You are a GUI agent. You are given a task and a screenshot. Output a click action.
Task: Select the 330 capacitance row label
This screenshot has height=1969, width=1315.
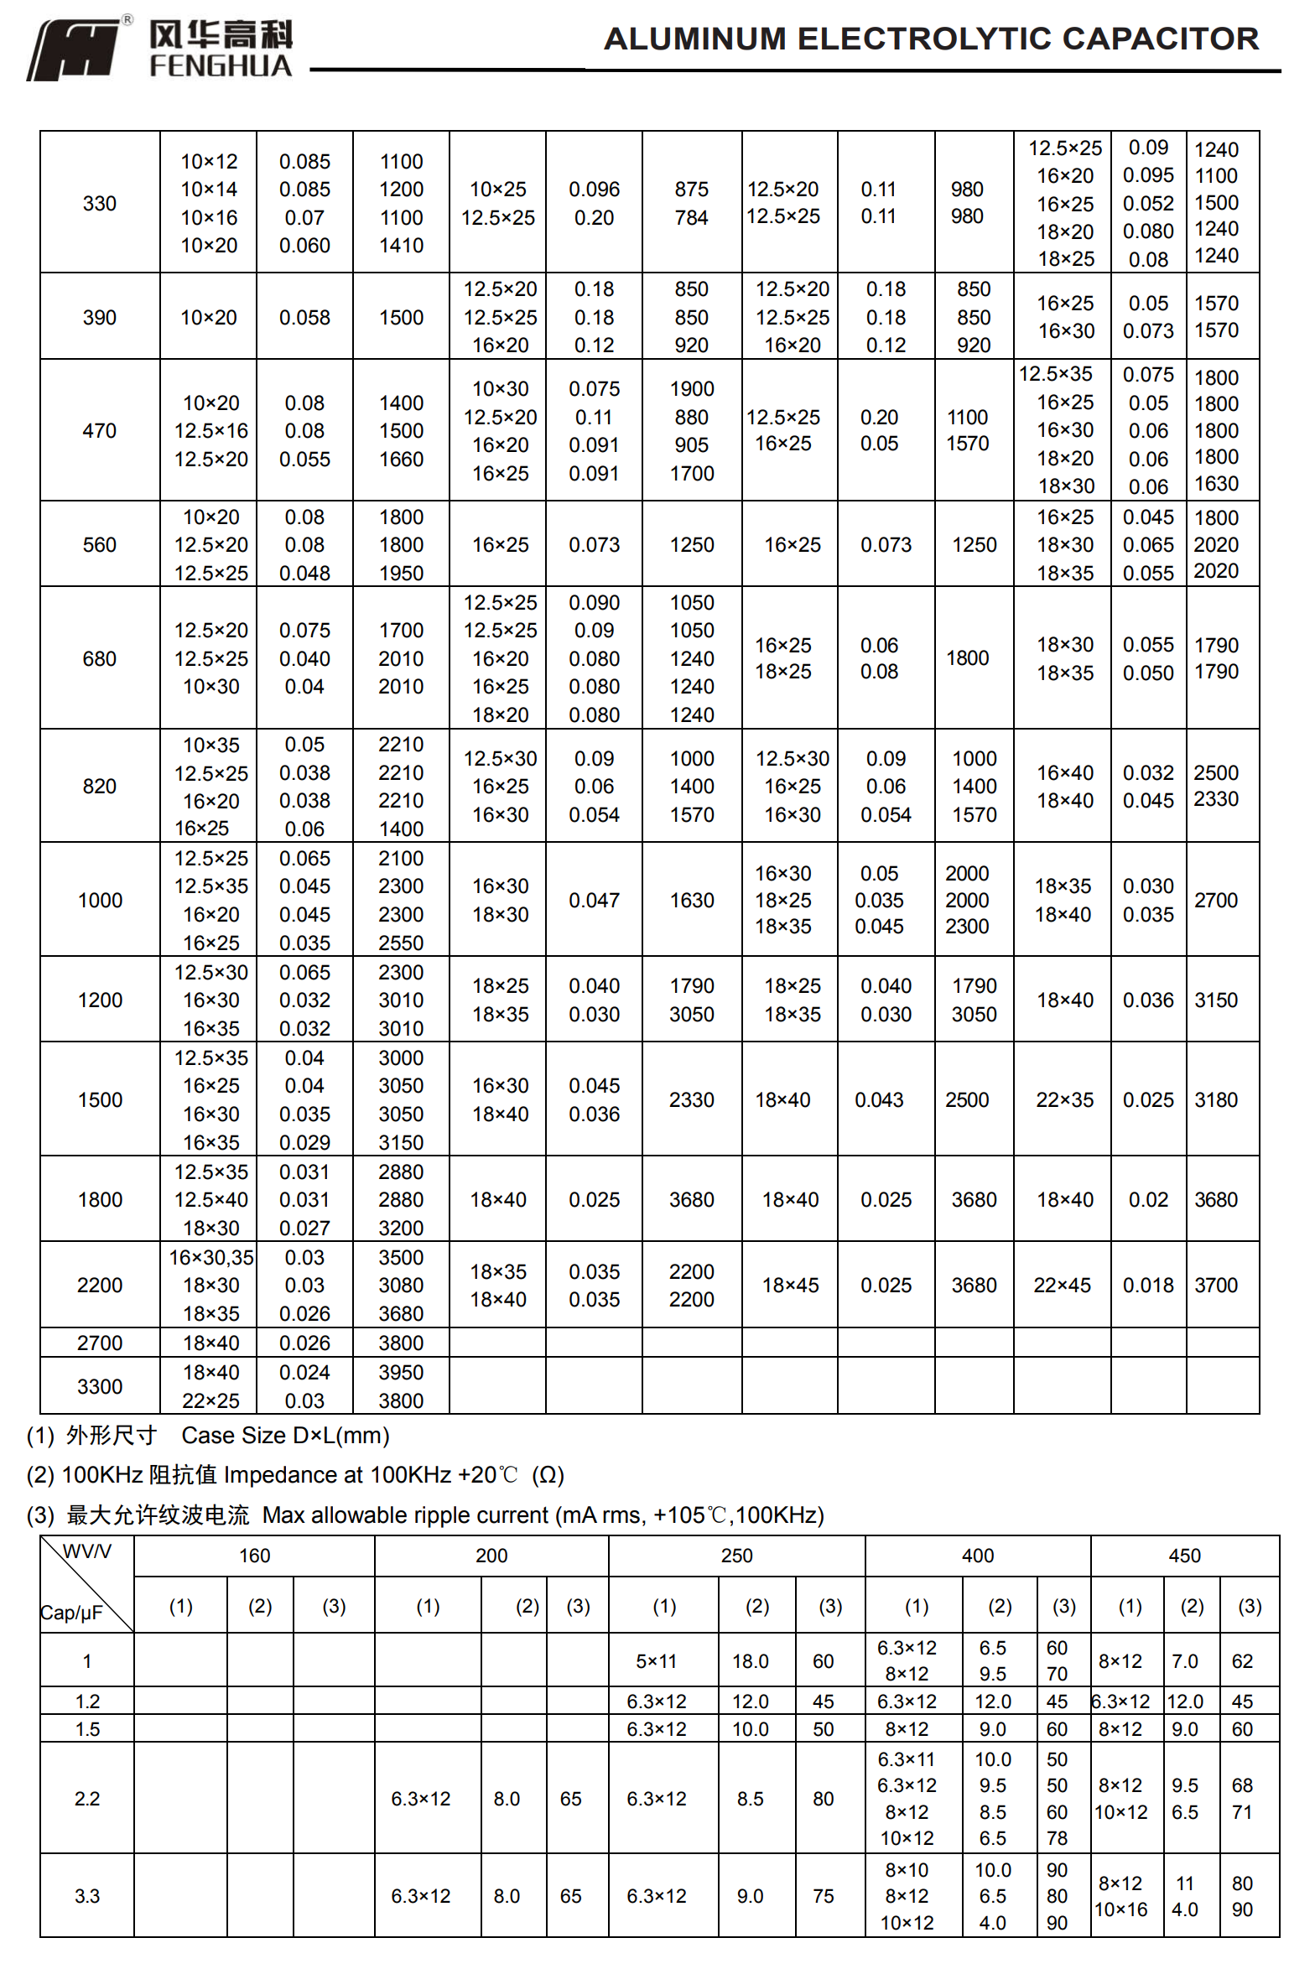pos(100,203)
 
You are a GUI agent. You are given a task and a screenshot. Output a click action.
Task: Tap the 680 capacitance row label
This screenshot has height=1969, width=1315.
pos(100,658)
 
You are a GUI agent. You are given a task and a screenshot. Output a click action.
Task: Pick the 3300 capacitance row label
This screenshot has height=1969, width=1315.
pos(100,1386)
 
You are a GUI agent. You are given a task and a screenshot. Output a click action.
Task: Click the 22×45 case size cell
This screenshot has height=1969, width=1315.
pos(1062,1285)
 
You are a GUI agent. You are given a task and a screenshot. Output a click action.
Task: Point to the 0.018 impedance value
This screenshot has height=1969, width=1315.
pos(1148,1285)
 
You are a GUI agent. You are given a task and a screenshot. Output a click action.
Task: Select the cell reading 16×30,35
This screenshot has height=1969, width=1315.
pos(211,1257)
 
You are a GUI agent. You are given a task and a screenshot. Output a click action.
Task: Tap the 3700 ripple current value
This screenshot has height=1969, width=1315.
pos(1216,1285)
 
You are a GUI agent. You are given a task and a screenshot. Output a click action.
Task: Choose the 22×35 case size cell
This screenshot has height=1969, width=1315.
pos(1064,1099)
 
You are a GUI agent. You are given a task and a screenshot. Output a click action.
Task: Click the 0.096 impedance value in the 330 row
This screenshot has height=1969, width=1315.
pos(594,190)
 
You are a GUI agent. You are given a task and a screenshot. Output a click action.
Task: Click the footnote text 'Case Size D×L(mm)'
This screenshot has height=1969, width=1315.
pos(285,1436)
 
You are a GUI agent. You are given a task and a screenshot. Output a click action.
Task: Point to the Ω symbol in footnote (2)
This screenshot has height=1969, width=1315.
pos(548,1475)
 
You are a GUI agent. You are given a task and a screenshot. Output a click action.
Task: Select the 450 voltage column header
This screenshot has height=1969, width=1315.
pos(1184,1556)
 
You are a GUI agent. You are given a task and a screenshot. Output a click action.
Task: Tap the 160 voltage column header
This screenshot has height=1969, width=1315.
pos(254,1556)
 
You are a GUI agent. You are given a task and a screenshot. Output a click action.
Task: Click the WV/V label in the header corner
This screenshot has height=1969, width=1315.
pos(87,1551)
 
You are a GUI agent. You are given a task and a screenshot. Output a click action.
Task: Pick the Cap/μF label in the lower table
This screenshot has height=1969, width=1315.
pos(71,1613)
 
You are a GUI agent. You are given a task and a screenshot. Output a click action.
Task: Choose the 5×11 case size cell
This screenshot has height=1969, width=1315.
pos(656,1661)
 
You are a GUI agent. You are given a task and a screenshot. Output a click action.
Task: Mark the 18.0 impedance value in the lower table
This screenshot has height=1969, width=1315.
pos(750,1661)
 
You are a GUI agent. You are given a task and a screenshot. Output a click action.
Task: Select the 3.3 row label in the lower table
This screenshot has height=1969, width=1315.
pos(87,1896)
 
